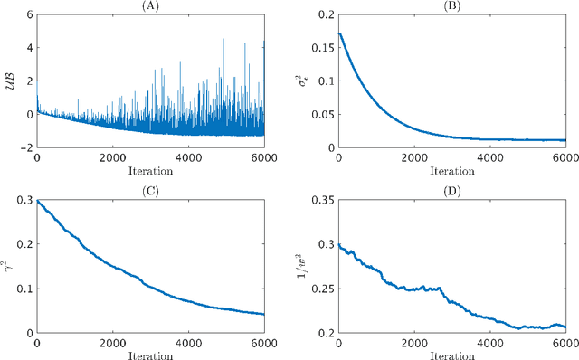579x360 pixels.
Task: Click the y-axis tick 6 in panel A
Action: [28, 15]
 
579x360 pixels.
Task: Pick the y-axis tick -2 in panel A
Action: [25, 147]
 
